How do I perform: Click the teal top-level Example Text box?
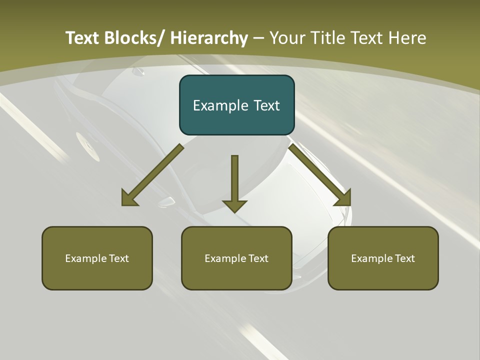236,105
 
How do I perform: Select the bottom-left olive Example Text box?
97,258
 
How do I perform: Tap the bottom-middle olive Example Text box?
236,258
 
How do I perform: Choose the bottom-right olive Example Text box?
383,258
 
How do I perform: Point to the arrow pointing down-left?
153,175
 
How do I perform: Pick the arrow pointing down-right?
320,175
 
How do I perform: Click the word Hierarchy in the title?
209,38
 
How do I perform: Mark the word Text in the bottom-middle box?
257,258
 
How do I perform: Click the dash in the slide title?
258,38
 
